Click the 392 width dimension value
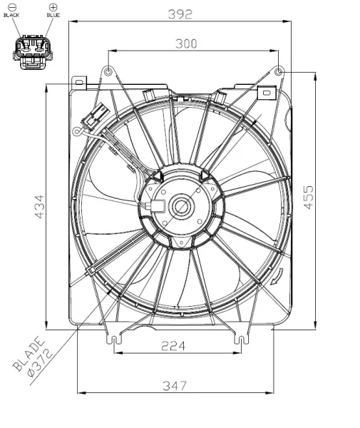(x=181, y=12)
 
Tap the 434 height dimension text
(x=40, y=205)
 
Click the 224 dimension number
(x=173, y=346)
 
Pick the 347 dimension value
(x=174, y=386)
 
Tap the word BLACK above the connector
(x=12, y=15)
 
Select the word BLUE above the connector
(x=53, y=15)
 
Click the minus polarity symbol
(x=12, y=6)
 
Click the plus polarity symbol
(x=53, y=6)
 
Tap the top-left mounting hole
(x=108, y=72)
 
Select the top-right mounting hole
(x=279, y=72)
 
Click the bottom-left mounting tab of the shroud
(x=111, y=340)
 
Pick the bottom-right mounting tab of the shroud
(x=246, y=340)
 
